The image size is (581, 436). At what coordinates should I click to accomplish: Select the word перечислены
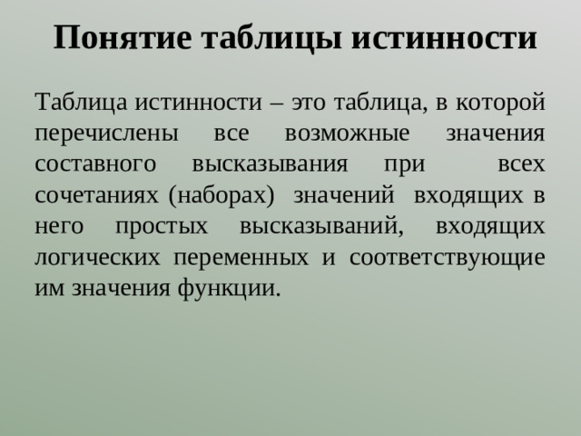pyautogui.click(x=101, y=133)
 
